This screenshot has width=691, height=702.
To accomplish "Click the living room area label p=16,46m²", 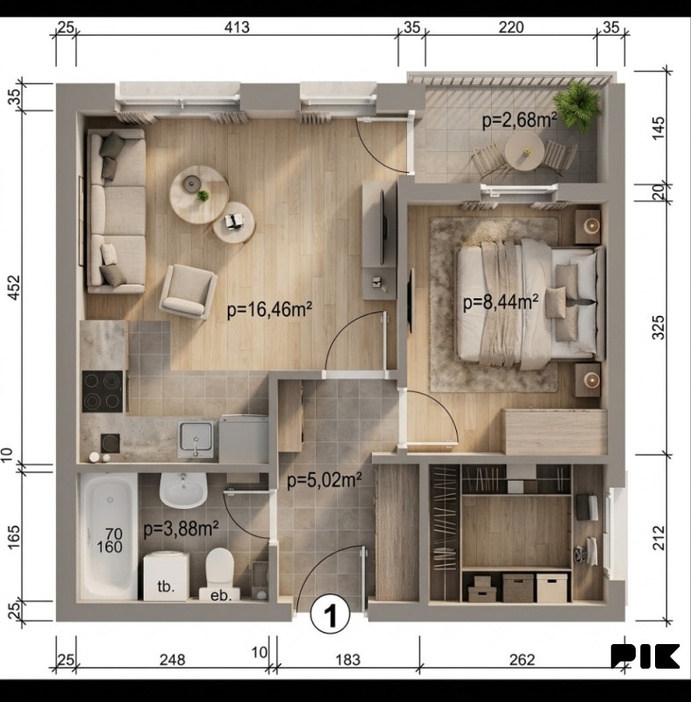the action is click(x=269, y=310).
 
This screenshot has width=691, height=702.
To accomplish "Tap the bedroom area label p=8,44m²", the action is click(x=501, y=302).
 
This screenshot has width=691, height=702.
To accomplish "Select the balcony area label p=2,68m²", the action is click(x=520, y=120).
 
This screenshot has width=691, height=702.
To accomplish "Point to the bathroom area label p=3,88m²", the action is click(x=181, y=529).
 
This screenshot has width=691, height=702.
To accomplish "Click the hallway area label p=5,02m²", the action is click(x=324, y=480).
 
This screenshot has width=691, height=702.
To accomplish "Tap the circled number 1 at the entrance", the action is click(x=331, y=616).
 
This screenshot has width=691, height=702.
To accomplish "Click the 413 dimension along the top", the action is click(x=237, y=27).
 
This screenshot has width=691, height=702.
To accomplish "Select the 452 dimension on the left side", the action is click(x=14, y=288).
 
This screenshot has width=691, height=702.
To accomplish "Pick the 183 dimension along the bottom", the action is click(x=348, y=660).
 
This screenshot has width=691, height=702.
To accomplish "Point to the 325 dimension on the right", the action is click(x=659, y=327).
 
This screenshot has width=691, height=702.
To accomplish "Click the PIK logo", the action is click(x=645, y=656).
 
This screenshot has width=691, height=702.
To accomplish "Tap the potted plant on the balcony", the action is click(x=578, y=105).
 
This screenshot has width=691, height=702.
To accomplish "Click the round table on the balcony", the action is click(x=524, y=151).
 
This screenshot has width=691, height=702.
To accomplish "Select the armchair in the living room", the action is click(x=188, y=291).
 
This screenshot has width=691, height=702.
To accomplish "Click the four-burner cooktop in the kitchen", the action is click(x=103, y=391).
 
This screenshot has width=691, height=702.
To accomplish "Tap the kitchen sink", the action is click(x=196, y=440).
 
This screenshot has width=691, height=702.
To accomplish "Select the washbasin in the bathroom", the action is click(x=183, y=491).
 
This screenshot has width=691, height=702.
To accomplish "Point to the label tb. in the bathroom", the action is click(x=166, y=586).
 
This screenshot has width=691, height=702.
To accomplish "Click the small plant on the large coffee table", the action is click(x=203, y=196).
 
